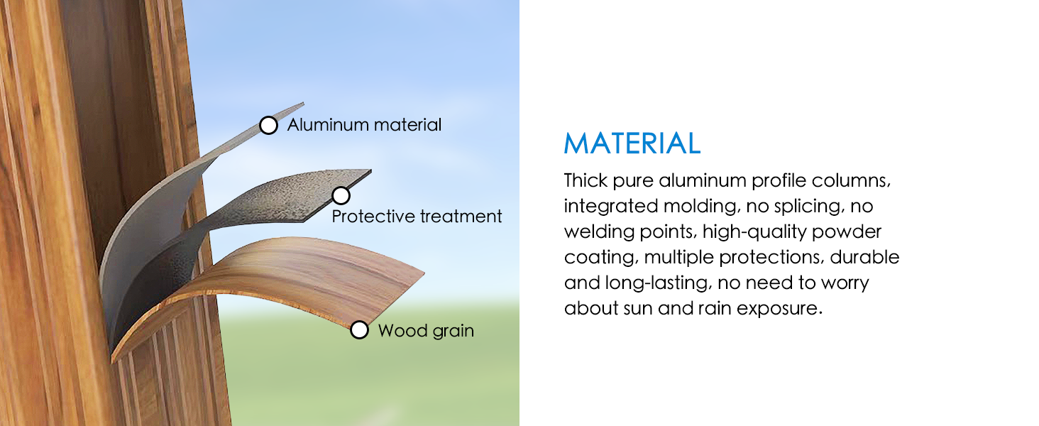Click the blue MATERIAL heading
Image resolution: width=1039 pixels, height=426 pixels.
[632, 143]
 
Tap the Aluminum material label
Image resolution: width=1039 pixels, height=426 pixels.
[364, 125]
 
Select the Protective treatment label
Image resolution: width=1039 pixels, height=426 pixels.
[417, 217]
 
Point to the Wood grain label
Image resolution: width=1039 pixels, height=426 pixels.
[426, 331]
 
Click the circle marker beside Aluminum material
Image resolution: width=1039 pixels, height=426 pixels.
[268, 126]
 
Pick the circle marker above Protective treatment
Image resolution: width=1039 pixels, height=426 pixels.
[341, 195]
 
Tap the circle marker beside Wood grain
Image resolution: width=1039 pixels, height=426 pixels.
[360, 330]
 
